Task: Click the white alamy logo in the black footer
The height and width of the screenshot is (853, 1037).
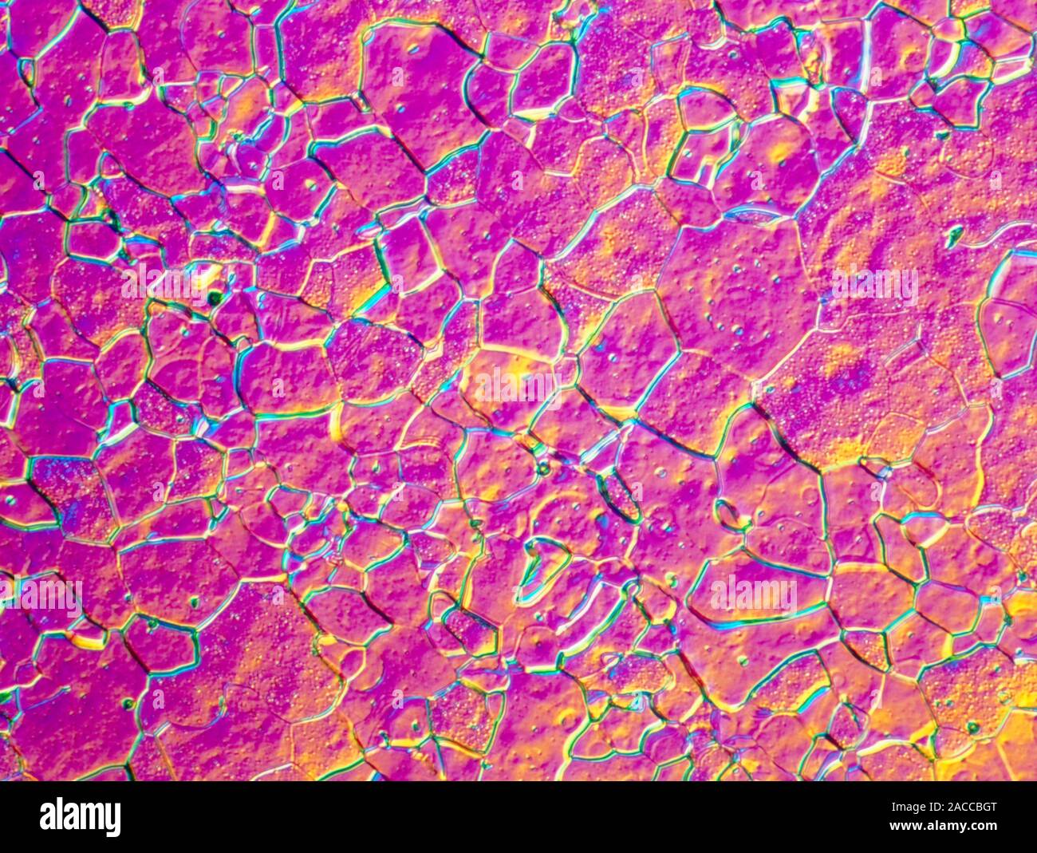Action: [x=80, y=816]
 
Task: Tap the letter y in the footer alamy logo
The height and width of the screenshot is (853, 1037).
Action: [x=113, y=819]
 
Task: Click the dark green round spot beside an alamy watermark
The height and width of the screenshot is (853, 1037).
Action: [x=214, y=298]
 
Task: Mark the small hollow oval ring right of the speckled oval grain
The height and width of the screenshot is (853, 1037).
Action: [x=727, y=515]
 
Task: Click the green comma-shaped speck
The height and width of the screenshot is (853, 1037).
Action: [x=954, y=235]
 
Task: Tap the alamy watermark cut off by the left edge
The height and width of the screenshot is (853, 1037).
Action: [x=40, y=597]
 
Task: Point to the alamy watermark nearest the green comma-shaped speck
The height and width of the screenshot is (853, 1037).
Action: [x=874, y=284]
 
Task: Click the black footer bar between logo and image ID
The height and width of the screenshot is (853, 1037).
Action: [x=479, y=817]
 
